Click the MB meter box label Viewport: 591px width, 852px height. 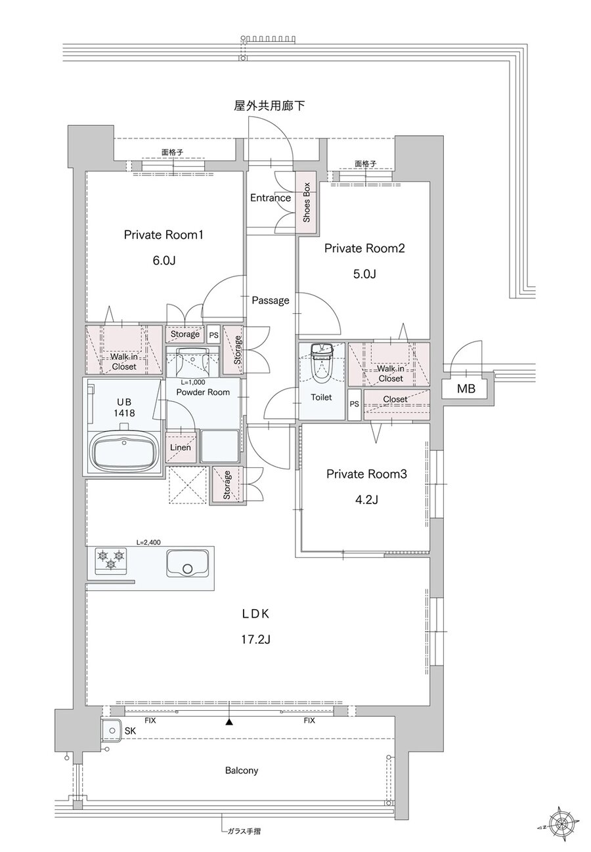pyautogui.click(x=466, y=389)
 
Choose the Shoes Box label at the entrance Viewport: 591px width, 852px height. pyautogui.click(x=307, y=202)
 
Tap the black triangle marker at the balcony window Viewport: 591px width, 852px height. pyautogui.click(x=229, y=721)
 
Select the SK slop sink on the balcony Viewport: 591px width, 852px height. pyautogui.click(x=112, y=731)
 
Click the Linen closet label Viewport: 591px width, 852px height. pyautogui.click(x=181, y=447)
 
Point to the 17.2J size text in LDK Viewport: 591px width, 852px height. pyautogui.click(x=255, y=640)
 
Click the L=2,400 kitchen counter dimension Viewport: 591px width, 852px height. pyautogui.click(x=148, y=542)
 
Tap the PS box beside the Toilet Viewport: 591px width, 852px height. pyautogui.click(x=354, y=404)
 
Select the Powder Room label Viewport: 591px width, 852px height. pyautogui.click(x=203, y=392)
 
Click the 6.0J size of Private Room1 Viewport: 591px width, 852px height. pyautogui.click(x=164, y=261)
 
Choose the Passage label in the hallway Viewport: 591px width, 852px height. pyautogui.click(x=271, y=301)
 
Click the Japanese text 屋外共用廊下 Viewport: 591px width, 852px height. pyautogui.click(x=269, y=106)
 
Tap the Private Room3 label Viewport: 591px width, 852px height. pyautogui.click(x=366, y=474)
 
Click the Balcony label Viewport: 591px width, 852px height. pyautogui.click(x=242, y=771)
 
